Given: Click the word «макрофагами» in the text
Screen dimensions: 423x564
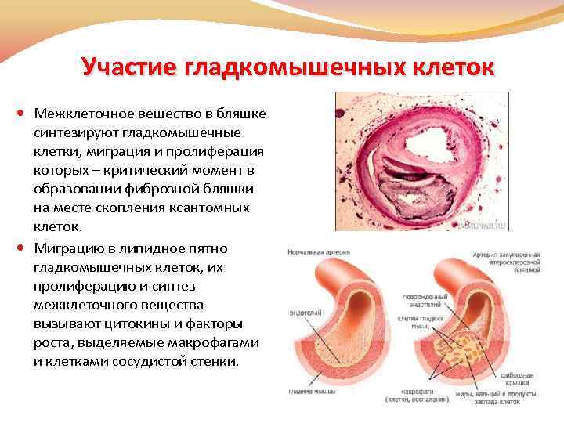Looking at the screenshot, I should [222, 343].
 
